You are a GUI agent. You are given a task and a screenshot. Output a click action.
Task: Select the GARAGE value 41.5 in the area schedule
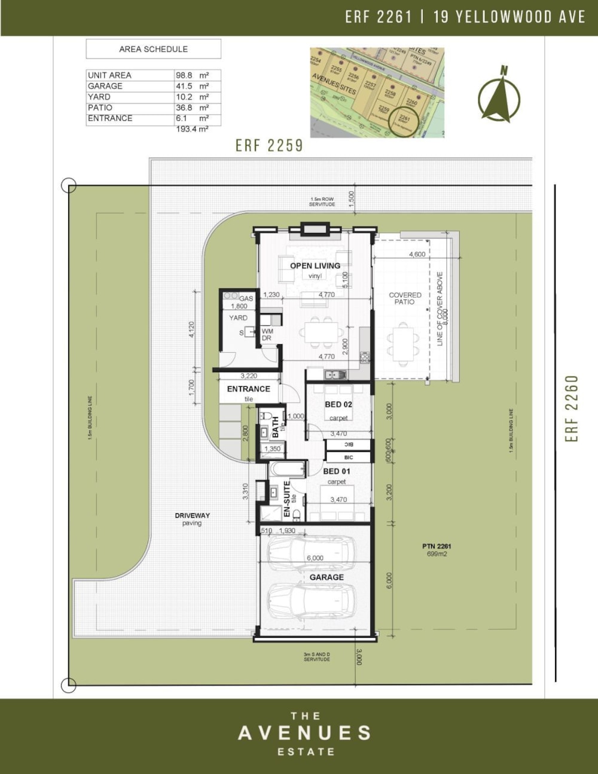point(184,86)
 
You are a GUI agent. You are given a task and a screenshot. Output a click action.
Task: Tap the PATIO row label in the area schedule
point(100,108)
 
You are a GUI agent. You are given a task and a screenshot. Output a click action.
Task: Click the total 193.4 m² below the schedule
point(191,129)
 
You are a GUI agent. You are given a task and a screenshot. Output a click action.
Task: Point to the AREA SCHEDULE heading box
point(153,49)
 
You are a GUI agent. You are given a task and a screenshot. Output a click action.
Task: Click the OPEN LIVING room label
point(315,266)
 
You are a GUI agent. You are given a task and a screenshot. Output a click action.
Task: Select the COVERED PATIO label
point(405,298)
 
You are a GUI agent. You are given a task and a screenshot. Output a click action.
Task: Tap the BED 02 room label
point(338,405)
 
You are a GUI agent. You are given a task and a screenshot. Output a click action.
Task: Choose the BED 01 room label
point(337,472)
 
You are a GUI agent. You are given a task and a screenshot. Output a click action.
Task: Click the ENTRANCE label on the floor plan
point(248,389)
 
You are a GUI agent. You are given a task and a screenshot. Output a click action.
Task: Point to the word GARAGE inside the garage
point(327,577)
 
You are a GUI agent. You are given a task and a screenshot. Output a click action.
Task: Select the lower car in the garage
point(311,601)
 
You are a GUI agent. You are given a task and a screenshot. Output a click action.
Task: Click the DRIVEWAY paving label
point(192,519)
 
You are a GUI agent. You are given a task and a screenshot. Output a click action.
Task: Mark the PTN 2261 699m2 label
point(437,550)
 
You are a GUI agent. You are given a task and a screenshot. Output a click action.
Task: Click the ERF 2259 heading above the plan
point(269,145)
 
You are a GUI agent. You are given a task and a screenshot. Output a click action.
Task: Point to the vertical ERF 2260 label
point(572,408)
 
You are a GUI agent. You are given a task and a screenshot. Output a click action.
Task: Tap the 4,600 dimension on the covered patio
point(417,255)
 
